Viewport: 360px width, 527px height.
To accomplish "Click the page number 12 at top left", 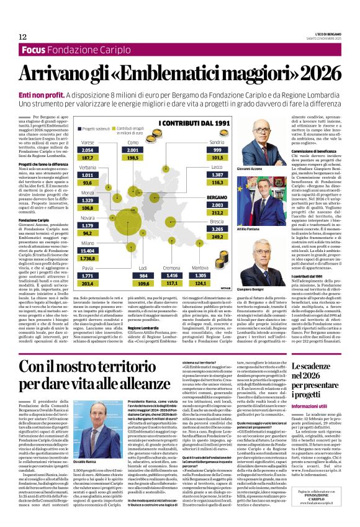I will pos(22,37).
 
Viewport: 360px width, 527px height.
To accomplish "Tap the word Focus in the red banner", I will pos(35,50).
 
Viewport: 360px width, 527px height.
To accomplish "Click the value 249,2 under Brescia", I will pos(217,237).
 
